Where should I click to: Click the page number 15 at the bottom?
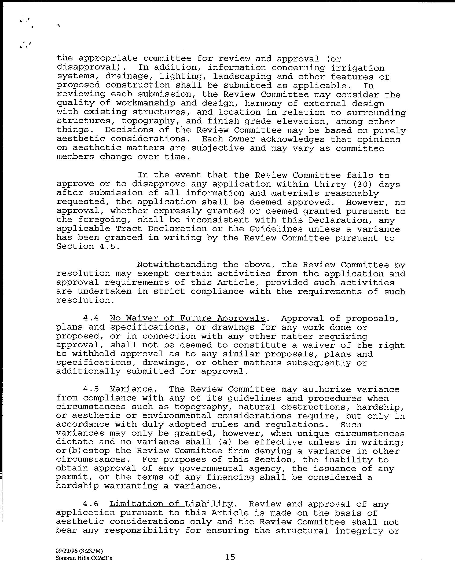click(x=230, y=557)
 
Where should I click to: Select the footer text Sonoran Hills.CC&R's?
click(x=84, y=558)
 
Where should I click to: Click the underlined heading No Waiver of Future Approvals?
click(x=188, y=318)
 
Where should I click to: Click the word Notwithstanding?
click(x=177, y=265)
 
